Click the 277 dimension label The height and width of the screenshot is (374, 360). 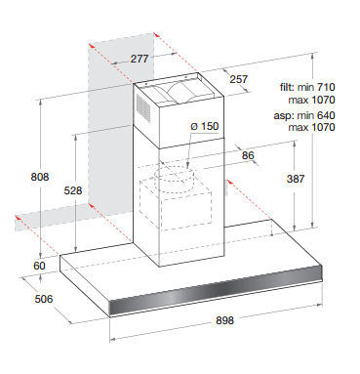pyautogui.click(x=140, y=59)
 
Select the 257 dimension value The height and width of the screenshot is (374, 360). pyautogui.click(x=239, y=79)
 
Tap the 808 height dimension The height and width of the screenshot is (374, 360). pyautogui.click(x=40, y=177)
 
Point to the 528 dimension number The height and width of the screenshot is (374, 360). pyautogui.click(x=73, y=190)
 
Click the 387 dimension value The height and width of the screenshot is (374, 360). pyautogui.click(x=296, y=179)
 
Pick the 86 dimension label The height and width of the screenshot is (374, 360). pyautogui.click(x=248, y=155)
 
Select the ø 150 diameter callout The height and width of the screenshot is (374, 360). pyautogui.click(x=205, y=126)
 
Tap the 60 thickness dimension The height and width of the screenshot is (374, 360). pyautogui.click(x=39, y=266)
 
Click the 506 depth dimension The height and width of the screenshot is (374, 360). pyautogui.click(x=44, y=299)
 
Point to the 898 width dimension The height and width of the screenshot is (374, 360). pyautogui.click(x=224, y=320)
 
